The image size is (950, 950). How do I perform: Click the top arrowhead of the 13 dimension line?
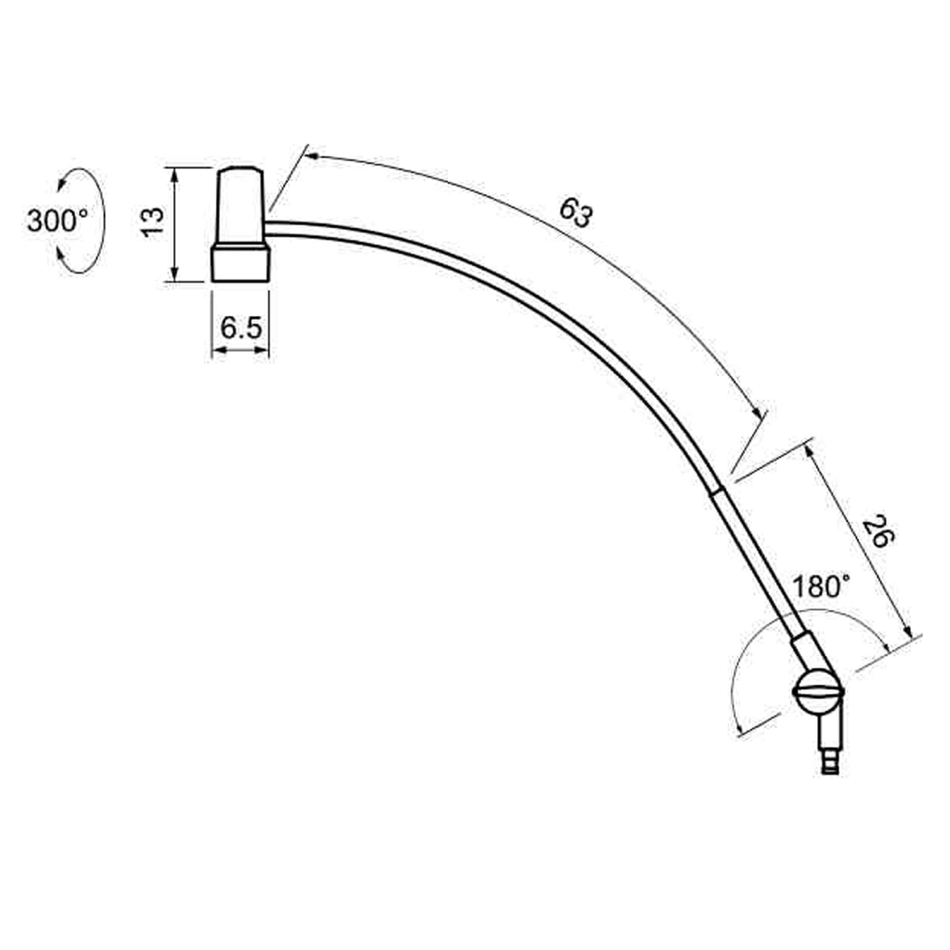point(173,172)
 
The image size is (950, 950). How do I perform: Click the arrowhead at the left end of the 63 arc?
point(311,156)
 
